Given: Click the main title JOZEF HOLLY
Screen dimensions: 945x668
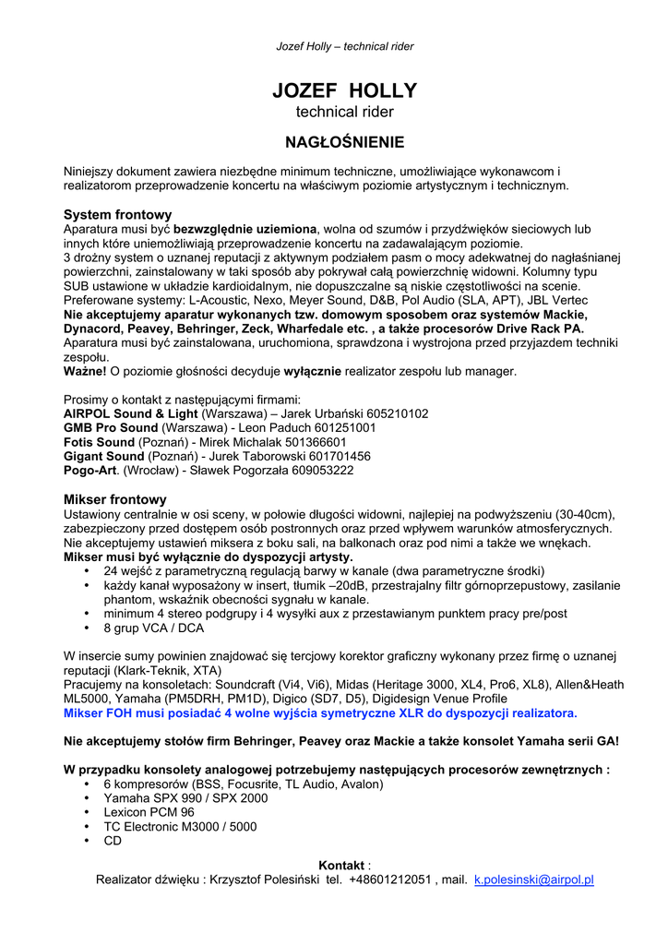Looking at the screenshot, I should click(x=344, y=90).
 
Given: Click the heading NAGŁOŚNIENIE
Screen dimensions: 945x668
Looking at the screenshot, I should click(x=344, y=142).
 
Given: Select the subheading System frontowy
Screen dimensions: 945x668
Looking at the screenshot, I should click(x=117, y=214).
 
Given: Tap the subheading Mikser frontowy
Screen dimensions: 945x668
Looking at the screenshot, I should click(x=114, y=499).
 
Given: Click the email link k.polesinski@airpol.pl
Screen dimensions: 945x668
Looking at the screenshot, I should click(x=533, y=880).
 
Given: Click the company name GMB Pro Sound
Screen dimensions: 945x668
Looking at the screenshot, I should click(x=111, y=428).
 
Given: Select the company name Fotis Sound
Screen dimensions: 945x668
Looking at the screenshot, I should click(x=99, y=442).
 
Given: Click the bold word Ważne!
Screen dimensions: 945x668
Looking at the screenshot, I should click(x=85, y=371).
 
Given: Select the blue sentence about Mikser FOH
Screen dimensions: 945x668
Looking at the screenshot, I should click(x=320, y=713).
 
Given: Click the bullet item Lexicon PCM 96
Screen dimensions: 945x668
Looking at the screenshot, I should click(x=149, y=812).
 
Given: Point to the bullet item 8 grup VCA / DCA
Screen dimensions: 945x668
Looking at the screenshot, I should click(x=153, y=628).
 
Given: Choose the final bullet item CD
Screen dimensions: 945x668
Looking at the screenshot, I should click(x=113, y=841).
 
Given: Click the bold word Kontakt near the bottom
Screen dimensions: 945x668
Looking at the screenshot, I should click(x=341, y=865).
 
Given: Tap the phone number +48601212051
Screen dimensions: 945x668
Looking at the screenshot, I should click(x=389, y=880).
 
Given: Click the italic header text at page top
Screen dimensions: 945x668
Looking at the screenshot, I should click(x=345, y=46).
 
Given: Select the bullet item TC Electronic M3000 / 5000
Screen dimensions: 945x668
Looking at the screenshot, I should click(x=180, y=827).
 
